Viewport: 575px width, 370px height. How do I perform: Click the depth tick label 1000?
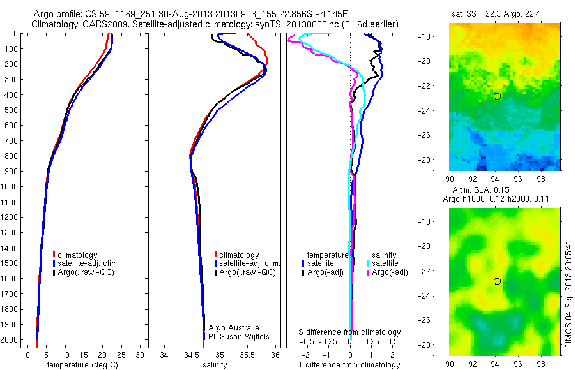tap(9, 187)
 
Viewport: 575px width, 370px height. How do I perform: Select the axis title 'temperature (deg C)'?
tap(80, 365)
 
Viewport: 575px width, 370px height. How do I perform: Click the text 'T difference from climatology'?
tap(349, 365)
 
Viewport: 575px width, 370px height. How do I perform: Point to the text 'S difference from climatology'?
tap(349, 332)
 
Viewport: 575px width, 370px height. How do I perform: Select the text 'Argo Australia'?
tap(234, 327)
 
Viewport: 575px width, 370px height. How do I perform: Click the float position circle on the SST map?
tap(497, 96)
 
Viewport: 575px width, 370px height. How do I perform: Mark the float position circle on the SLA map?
tap(497, 281)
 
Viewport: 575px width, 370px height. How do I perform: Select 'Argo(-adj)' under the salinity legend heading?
tap(390, 272)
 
